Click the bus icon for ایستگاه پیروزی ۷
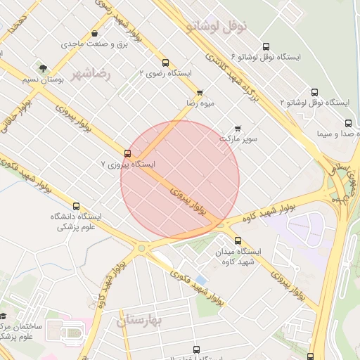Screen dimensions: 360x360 pyautogui.click(x=127, y=153)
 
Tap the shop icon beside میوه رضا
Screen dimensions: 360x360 pyautogui.click(x=200, y=92)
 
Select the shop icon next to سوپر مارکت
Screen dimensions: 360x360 pyautogui.click(x=238, y=128)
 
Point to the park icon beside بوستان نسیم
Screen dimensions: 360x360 pyautogui.click(x=43, y=69)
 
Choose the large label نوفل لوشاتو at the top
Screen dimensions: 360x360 pyautogui.click(x=217, y=26)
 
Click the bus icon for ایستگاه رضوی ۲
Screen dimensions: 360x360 pyautogui.click(x=165, y=63)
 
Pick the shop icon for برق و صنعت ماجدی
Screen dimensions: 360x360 pyautogui.click(x=95, y=33)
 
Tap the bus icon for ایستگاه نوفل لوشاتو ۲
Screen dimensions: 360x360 pyautogui.click(x=314, y=92)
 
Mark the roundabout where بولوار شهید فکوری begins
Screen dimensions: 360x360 pyautogui.click(x=142, y=247)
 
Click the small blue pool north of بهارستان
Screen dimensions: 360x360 pyautogui.click(x=202, y=280)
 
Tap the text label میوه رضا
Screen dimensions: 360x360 pyautogui.click(x=200, y=103)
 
